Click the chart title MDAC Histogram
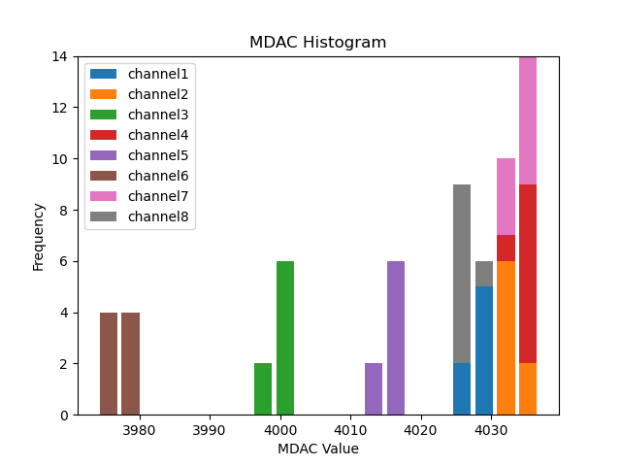tap(317, 43)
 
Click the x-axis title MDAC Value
tap(317, 449)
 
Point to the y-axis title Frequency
tap(39, 236)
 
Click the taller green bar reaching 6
tap(285, 338)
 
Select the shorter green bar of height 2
tap(263, 389)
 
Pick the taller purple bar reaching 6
tap(396, 338)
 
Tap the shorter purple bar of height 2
tap(374, 389)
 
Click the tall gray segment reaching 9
tap(462, 274)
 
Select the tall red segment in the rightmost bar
tap(528, 274)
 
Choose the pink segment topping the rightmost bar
tap(528, 120)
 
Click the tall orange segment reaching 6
tap(506, 338)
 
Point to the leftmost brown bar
tap(109, 363)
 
